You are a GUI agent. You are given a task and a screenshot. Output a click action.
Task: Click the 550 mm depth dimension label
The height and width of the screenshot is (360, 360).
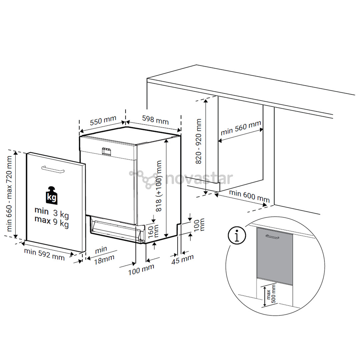tap(103, 121)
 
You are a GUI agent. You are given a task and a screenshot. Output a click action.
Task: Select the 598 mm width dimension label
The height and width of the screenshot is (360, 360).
tap(155, 120)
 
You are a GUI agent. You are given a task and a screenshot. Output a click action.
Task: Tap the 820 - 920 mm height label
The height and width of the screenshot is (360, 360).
tap(198, 141)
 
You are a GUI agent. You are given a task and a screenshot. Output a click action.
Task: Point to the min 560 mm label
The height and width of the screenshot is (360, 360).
tap(241, 128)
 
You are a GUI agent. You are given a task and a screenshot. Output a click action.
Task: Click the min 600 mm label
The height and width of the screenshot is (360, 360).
tap(249, 196)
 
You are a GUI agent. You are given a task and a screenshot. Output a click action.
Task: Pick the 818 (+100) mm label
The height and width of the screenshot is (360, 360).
tap(159, 186)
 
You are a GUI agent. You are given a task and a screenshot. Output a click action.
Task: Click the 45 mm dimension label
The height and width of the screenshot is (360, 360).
tap(183, 259)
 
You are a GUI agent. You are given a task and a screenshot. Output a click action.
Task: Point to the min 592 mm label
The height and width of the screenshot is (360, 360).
tap(44, 254)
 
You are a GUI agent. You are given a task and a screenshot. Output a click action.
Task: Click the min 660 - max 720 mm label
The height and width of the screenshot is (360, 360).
tap(9, 194)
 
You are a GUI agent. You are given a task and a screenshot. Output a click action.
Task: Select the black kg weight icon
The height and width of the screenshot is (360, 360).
tap(52, 195)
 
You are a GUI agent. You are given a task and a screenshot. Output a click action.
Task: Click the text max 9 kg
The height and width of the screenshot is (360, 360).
tap(52, 221)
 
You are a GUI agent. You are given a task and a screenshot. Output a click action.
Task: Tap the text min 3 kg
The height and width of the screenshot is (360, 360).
tap(52, 212)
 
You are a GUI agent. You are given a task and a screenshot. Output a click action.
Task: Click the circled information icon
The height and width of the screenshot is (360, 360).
tap(237, 235)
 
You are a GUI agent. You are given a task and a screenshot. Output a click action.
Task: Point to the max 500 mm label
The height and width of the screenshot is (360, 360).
tap(271, 294)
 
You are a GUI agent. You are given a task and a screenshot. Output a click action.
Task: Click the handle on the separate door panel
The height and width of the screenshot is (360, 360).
tap(53, 169)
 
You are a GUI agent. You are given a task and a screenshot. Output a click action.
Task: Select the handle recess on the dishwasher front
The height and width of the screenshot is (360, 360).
tap(106, 151)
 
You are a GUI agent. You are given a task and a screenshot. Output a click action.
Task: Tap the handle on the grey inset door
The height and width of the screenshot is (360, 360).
tap(272, 237)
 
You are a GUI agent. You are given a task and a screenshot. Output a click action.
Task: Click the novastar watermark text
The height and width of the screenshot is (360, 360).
tap(199, 179)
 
